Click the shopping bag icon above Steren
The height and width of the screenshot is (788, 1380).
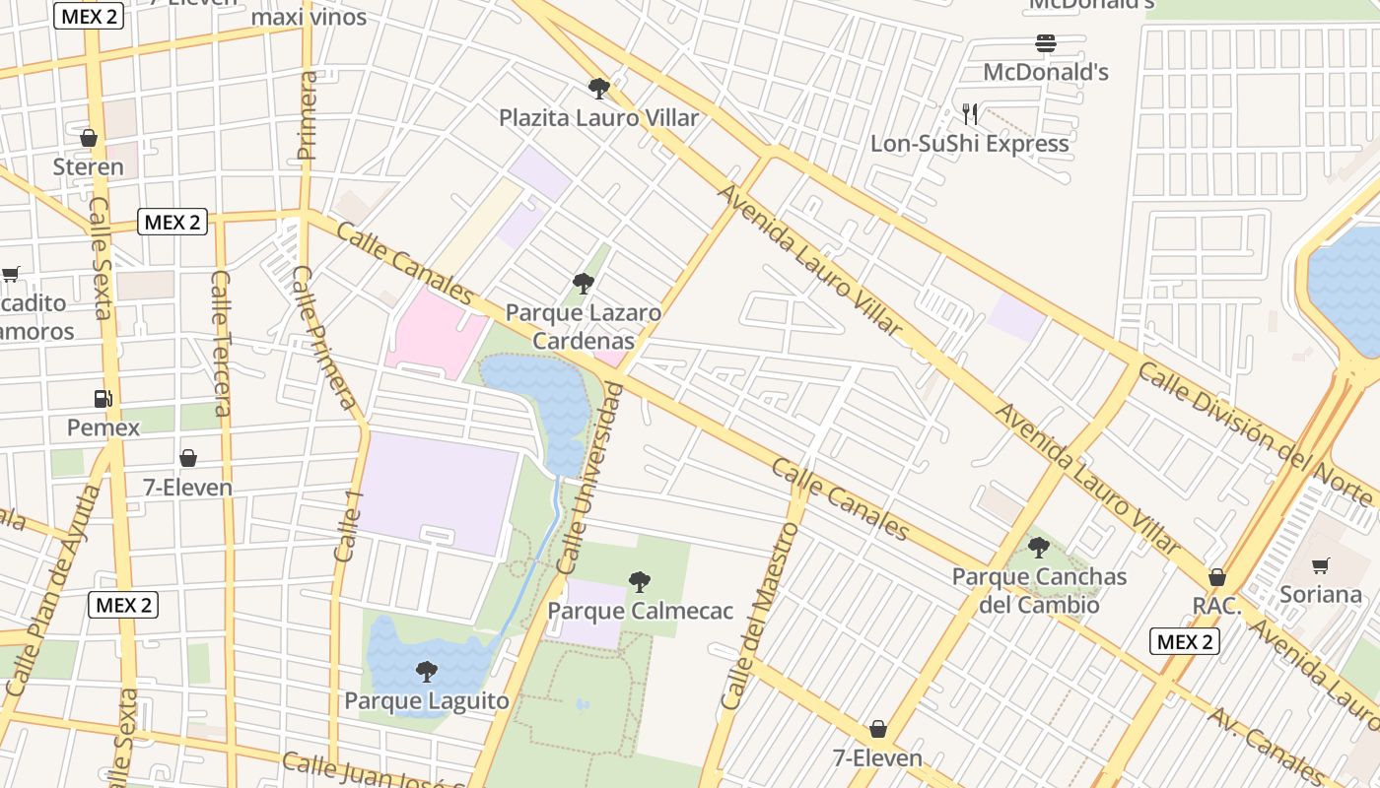coord(89,138)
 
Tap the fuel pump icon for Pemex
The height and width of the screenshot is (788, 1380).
coord(103,398)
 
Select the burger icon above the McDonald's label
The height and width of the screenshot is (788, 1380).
coord(1046,43)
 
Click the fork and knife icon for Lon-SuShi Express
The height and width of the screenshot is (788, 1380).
coord(970,114)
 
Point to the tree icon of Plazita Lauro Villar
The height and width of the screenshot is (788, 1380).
coord(598,89)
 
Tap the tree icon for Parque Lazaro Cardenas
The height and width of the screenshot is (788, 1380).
coord(584,285)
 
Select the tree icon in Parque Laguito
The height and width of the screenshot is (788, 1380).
coord(427,672)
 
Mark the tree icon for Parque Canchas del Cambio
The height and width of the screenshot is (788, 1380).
coord(1039,548)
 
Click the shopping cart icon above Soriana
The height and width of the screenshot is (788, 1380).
coord(1321,565)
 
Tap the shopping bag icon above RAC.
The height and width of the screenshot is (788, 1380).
coord(1217,577)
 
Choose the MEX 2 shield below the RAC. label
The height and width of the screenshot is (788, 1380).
coord(1185,642)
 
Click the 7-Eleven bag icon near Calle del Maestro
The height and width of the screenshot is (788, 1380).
coord(878,729)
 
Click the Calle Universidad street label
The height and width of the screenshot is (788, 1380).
coord(590,479)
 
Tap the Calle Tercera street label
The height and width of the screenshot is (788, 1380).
coord(222,342)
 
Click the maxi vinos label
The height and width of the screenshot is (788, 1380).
coord(309,17)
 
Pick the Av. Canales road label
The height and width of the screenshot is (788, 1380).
coord(1267,746)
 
